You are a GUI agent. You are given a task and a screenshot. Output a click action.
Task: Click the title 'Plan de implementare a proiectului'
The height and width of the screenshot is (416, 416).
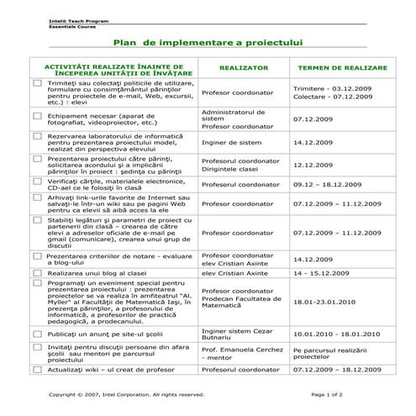[x=208, y=41]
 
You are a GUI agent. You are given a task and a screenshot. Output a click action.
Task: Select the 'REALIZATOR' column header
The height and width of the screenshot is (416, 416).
[x=243, y=66]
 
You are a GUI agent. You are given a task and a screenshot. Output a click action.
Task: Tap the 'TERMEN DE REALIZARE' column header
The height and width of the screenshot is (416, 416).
[x=342, y=66]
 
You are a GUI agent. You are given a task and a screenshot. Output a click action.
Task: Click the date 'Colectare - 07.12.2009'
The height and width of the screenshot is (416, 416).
[x=330, y=97]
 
